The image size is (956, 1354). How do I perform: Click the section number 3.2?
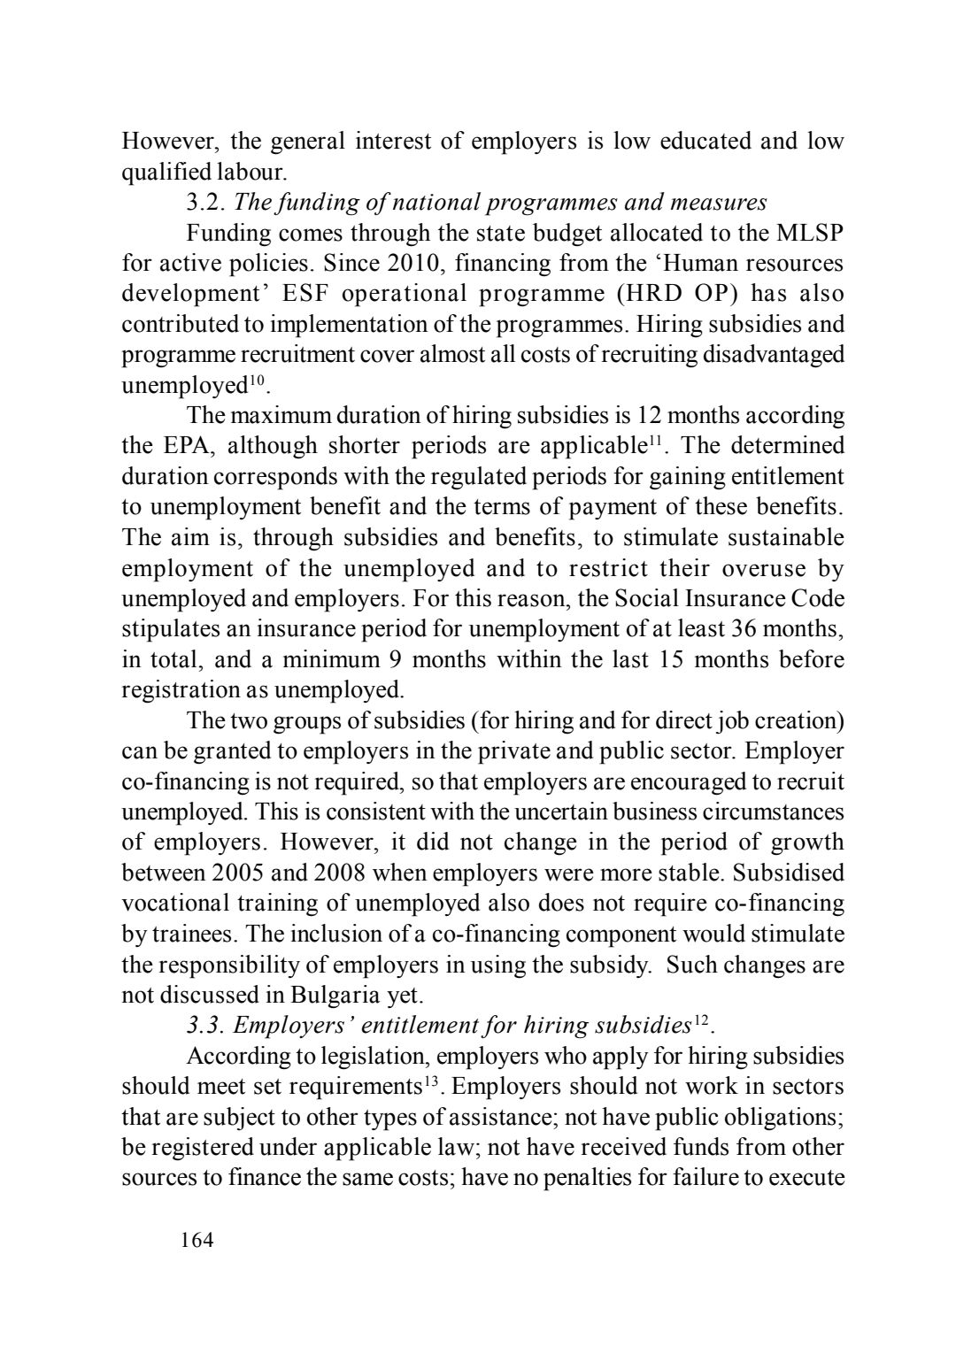(x=207, y=203)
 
